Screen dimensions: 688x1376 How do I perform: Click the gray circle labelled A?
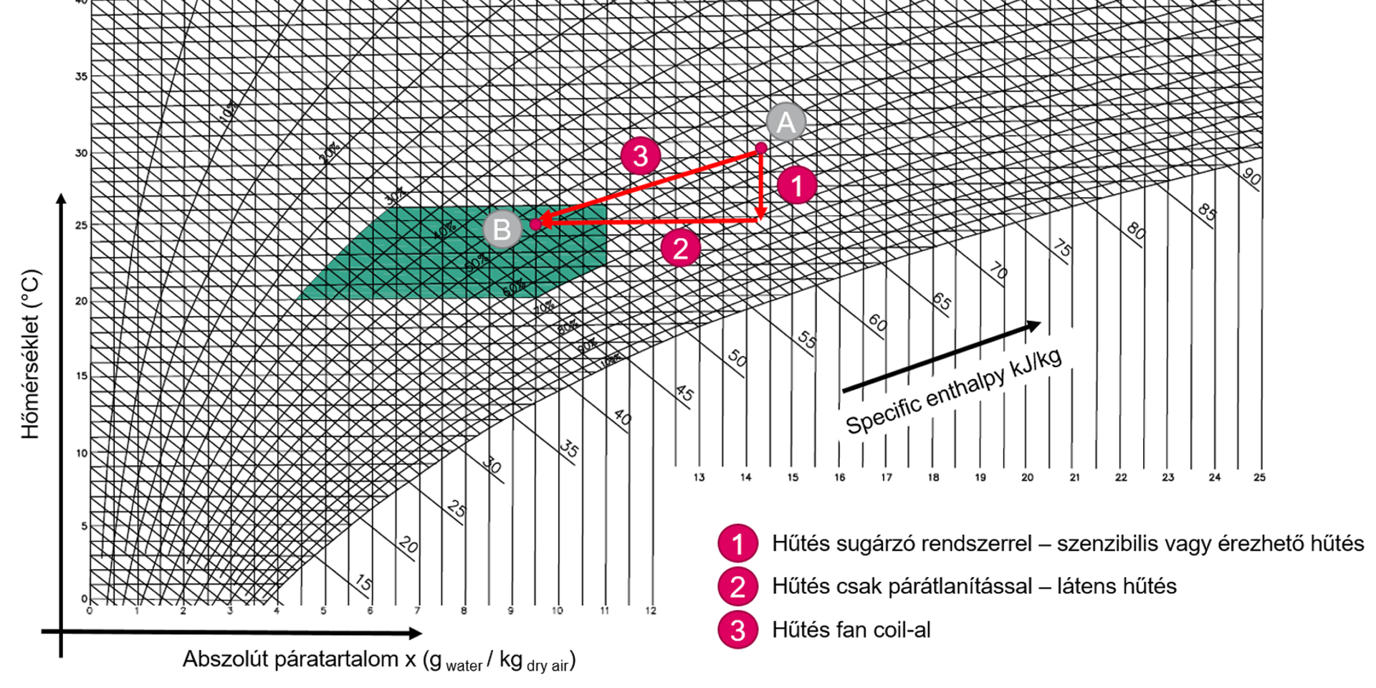click(x=786, y=123)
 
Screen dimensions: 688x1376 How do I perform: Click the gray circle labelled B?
click(x=502, y=229)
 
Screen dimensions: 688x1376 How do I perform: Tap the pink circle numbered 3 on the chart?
click(x=640, y=156)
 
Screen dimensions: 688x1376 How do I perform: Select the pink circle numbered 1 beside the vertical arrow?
click(x=796, y=186)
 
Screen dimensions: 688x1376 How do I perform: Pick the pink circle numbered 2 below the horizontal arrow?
click(x=680, y=249)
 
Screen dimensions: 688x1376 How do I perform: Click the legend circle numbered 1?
click(x=737, y=544)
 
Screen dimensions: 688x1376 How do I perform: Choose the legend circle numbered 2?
click(x=737, y=587)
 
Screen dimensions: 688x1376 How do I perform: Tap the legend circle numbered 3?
click(x=737, y=631)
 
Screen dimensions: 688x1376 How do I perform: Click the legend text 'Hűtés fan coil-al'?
click(x=851, y=630)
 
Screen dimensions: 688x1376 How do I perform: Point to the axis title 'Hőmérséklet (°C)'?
click(x=30, y=354)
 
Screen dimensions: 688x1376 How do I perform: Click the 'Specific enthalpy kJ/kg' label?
click(x=953, y=393)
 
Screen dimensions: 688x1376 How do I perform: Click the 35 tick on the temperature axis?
click(x=82, y=77)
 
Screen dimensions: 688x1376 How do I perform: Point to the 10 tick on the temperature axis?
click(x=82, y=453)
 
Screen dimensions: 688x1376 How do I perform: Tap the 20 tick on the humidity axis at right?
click(x=1027, y=477)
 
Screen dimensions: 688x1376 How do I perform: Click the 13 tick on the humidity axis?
click(x=699, y=477)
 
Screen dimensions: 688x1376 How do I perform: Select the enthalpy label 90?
click(x=1251, y=176)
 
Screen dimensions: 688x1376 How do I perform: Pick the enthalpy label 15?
click(x=364, y=583)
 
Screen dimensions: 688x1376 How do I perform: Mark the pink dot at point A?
click(x=761, y=148)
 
